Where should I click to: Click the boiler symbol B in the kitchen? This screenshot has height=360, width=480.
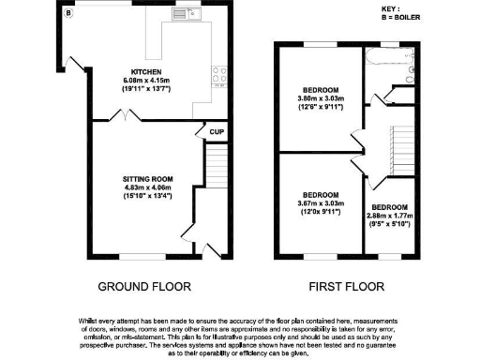click(x=67, y=14)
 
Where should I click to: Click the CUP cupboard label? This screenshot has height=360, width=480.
click(x=216, y=132)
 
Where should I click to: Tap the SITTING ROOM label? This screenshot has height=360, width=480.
click(x=149, y=177)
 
